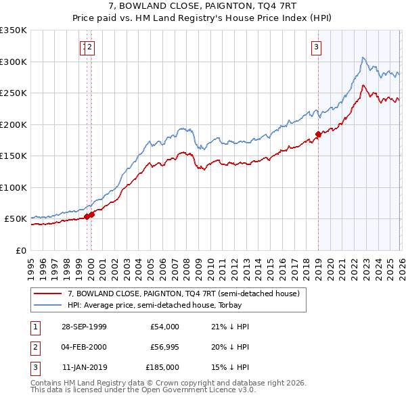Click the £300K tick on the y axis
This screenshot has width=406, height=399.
pos(14,62)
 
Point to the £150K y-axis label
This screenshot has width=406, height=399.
pos(14,156)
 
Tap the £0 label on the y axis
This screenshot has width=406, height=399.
pos(22,251)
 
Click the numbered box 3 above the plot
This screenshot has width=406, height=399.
pos(316,47)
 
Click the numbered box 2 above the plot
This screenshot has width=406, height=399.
pos(90,47)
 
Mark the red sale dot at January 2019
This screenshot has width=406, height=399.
pos(318,134)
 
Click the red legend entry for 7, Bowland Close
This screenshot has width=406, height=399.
pos(187,294)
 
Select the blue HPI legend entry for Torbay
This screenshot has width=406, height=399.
pos(175,306)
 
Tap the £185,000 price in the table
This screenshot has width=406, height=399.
pos(163,367)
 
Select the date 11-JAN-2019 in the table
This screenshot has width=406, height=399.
pos(84,367)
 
